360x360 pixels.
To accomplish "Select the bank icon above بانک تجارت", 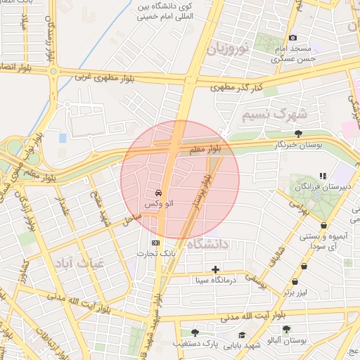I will (155, 243).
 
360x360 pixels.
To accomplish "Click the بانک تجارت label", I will (155, 254).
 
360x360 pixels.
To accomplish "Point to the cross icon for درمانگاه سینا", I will (215, 269).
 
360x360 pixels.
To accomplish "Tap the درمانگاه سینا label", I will (217, 280).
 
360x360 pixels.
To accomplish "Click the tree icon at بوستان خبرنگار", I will (299, 134).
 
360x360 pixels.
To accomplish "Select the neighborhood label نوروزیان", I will (228, 49).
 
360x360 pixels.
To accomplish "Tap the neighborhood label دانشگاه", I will (209, 244).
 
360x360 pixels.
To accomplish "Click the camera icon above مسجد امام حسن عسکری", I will (292, 37).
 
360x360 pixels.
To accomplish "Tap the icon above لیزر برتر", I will (304, 266).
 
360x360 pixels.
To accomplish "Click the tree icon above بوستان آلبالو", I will (285, 328).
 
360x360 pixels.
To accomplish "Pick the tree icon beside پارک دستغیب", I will (195, 333).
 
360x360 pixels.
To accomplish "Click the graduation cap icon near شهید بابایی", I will (242, 335).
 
